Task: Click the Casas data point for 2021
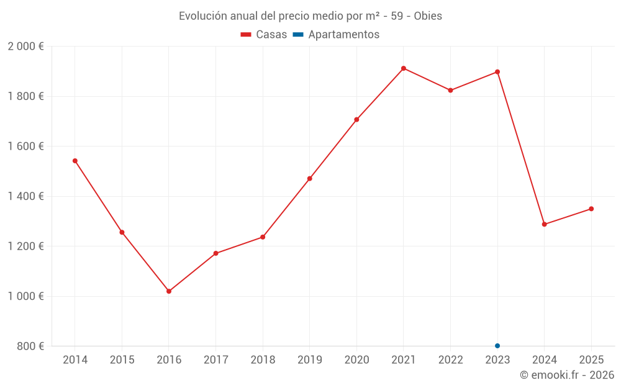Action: click(x=404, y=68)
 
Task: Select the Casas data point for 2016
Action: click(x=169, y=291)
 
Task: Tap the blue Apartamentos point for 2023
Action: click(x=497, y=346)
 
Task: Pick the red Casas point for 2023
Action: click(x=497, y=72)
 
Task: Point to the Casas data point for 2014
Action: click(x=75, y=161)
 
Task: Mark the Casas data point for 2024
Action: click(x=545, y=224)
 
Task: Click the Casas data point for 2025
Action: click(x=591, y=209)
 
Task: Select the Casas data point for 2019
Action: click(x=310, y=179)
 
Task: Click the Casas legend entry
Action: click(x=264, y=35)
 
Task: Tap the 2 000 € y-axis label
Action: click(x=25, y=47)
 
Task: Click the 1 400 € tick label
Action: click(x=25, y=196)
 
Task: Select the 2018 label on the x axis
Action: click(x=263, y=360)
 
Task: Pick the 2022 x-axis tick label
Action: click(x=451, y=360)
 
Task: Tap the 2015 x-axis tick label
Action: click(x=122, y=360)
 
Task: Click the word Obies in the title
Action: click(x=428, y=16)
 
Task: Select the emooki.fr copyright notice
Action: click(x=567, y=375)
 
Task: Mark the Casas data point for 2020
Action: click(x=356, y=119)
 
